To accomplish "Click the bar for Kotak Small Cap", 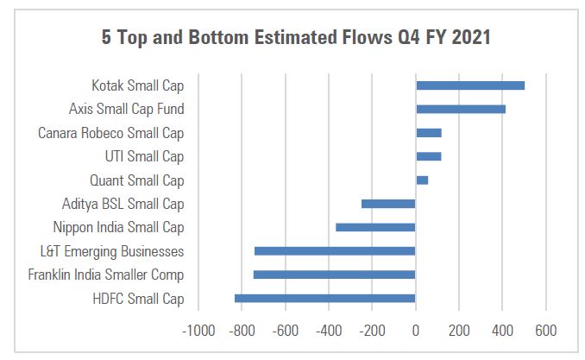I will (x=470, y=85).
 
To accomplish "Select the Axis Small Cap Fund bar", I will (x=461, y=110).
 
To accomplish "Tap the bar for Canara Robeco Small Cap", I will (x=429, y=133).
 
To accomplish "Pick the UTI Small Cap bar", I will (x=429, y=156).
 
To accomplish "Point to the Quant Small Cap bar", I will (x=422, y=180).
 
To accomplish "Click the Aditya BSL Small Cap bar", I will (x=388, y=204).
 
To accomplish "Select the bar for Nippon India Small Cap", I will (x=375, y=227).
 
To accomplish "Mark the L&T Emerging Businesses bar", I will (x=335, y=251).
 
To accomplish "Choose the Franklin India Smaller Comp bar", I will (x=334, y=275).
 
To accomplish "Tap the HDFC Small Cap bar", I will (x=325, y=299).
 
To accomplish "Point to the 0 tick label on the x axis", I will (x=416, y=331).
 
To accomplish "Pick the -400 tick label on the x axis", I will (x=329, y=331).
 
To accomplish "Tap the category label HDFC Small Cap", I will (x=139, y=299).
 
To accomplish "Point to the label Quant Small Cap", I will (x=137, y=180).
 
